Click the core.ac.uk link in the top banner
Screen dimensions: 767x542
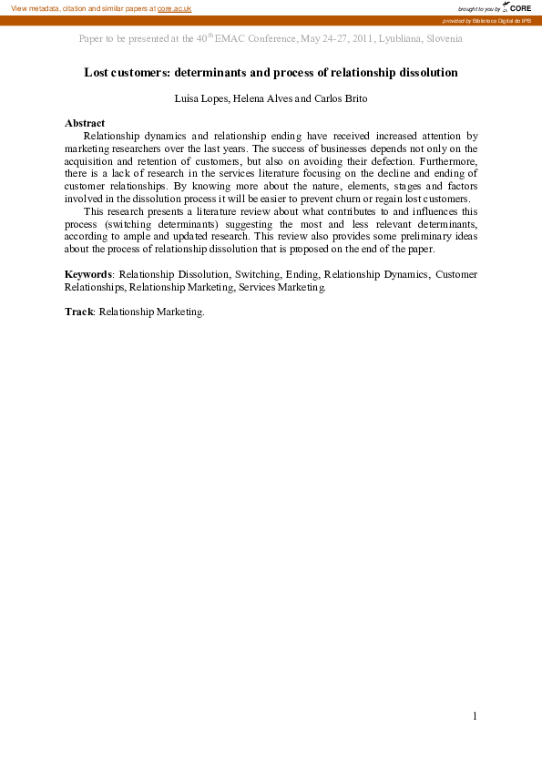[x=174, y=8]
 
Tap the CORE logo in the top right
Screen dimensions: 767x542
[x=518, y=7]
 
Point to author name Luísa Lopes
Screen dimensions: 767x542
[x=199, y=98]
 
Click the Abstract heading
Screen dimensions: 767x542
[x=85, y=123]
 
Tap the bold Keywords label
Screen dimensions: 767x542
[x=88, y=274]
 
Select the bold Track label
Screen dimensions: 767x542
[x=78, y=312]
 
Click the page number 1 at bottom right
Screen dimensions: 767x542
[x=475, y=716]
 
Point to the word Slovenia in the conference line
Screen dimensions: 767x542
[x=442, y=39]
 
